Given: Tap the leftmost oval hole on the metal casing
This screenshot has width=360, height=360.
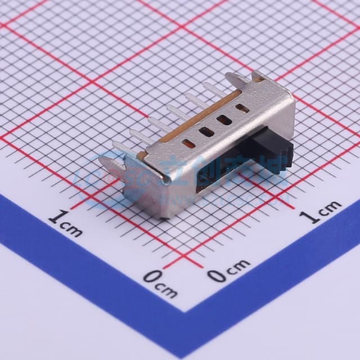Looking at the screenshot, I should pos(190,144).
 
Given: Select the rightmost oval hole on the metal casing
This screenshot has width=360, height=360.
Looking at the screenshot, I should pos(242,108).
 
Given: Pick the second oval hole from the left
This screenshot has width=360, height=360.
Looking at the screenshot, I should pos(206,132).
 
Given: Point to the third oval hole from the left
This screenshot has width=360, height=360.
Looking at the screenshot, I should pos(224,120).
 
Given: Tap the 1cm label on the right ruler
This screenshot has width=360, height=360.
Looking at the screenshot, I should pos(320,211).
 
